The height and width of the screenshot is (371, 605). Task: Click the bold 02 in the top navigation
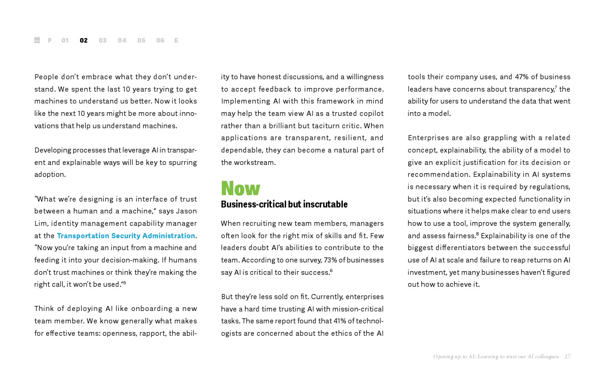pos(83,40)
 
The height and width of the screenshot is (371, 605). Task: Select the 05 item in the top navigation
pos(141,40)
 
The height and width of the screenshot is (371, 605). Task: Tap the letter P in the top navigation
pos(49,40)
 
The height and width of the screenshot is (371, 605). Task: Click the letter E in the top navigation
pos(176,40)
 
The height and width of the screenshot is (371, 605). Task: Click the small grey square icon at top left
pos(37,40)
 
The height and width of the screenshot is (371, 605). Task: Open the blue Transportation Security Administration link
pos(126,235)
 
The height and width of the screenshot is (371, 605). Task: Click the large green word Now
pos(241,188)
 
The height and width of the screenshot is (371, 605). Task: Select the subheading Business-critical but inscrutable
pos(284,204)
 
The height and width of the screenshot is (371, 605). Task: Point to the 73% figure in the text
pos(330,260)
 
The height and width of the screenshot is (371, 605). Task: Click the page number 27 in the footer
pos(567,356)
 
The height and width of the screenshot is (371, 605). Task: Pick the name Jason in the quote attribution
pos(187,211)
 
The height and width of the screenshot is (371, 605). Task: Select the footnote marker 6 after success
pos(331,271)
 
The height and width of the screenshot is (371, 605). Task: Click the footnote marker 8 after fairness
pos(477,234)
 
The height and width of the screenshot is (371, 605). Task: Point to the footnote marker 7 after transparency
pos(555,87)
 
